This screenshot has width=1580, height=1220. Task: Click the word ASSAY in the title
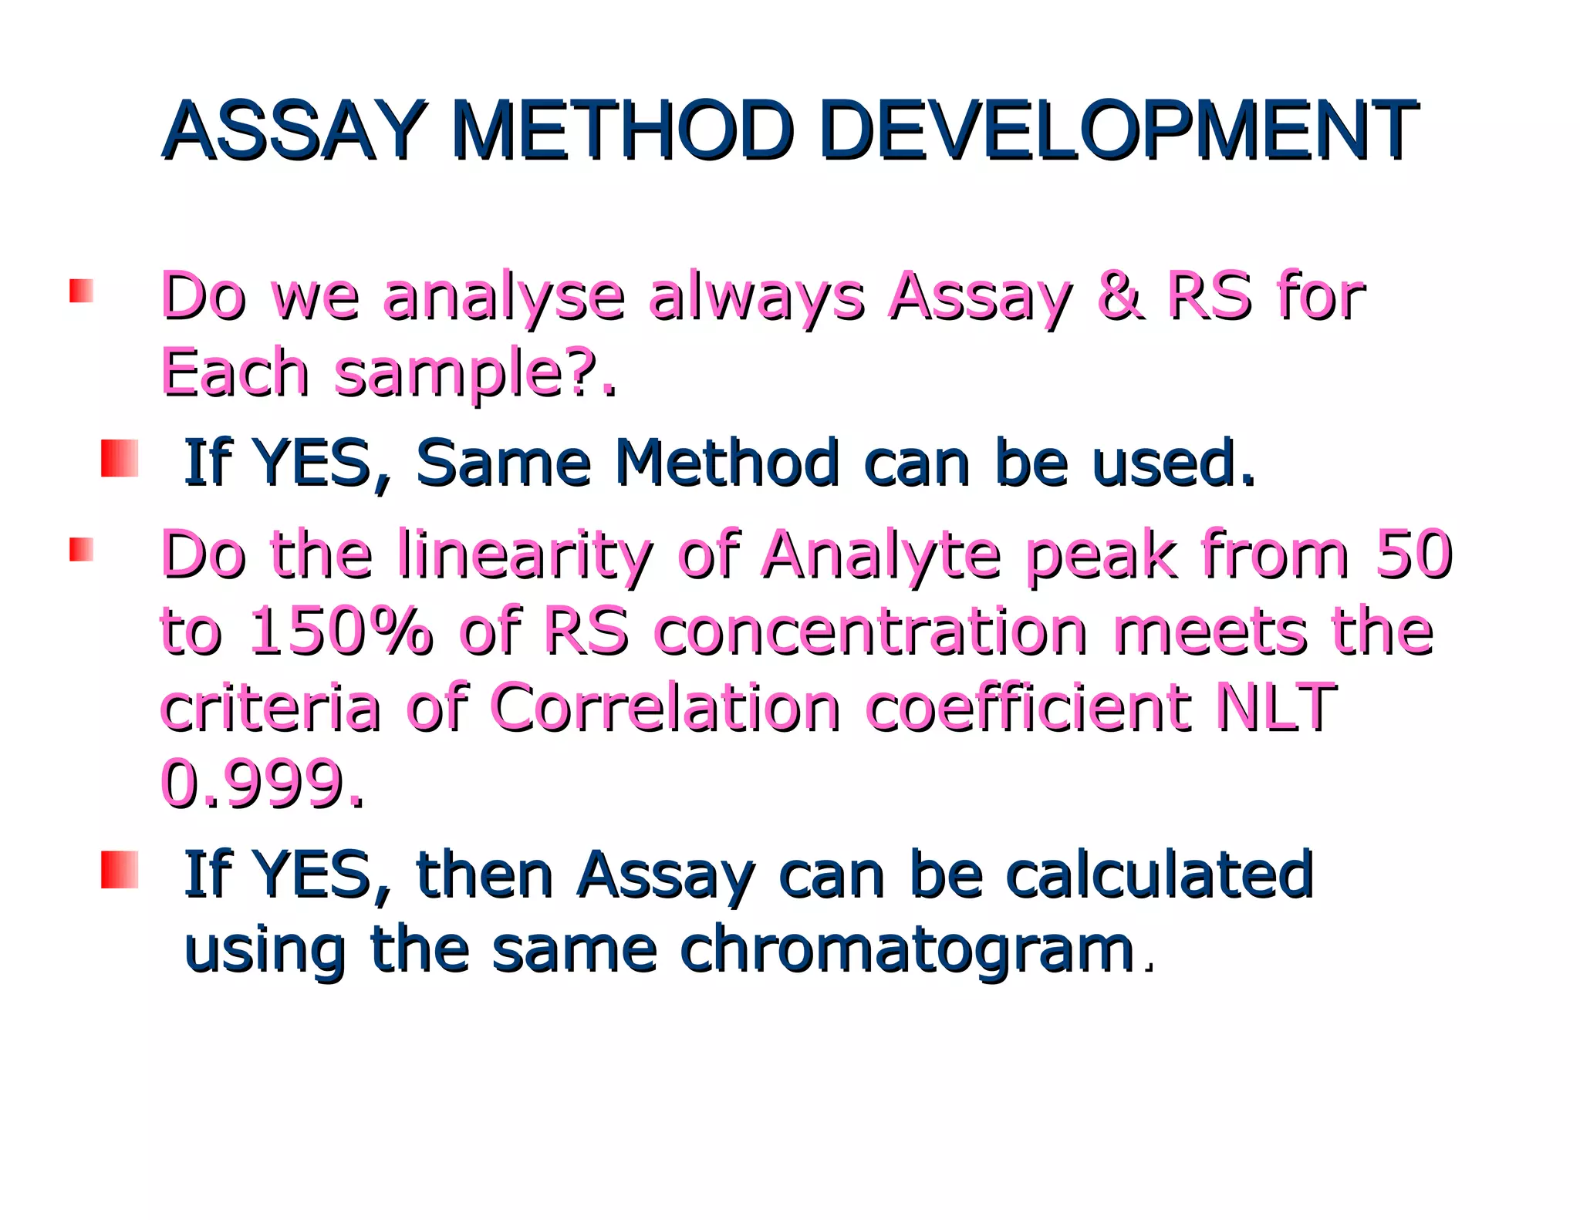pos(294,130)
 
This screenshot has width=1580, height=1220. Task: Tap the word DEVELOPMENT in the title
pos(1118,130)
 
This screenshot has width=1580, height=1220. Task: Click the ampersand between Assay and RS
pos(1119,296)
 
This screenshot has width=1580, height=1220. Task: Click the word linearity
pos(525,555)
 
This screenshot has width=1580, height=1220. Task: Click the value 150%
pos(340,632)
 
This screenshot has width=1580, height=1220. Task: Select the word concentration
pos(871,632)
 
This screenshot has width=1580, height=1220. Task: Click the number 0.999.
pos(262,784)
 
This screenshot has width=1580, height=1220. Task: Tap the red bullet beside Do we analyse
pos(81,291)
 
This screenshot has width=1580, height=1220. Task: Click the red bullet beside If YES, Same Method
pos(120,459)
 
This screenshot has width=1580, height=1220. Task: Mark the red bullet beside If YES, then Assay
pos(120,870)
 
